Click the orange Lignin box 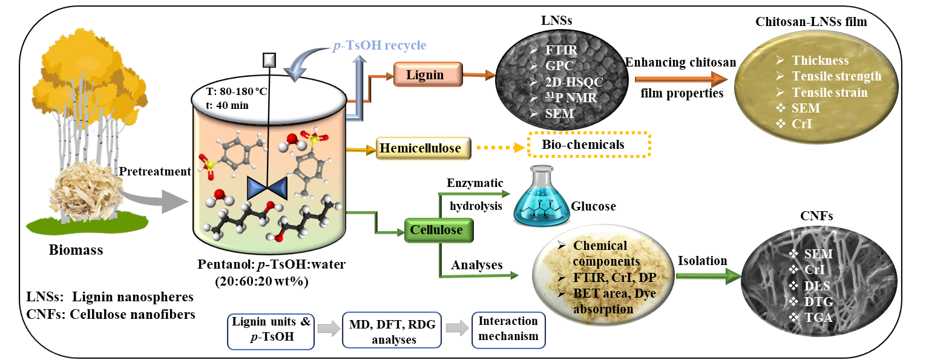[427, 75]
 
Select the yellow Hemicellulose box [423, 148]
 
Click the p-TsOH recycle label [379, 45]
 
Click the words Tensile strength [836, 77]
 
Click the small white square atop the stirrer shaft [269, 60]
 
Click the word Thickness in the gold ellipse [820, 61]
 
